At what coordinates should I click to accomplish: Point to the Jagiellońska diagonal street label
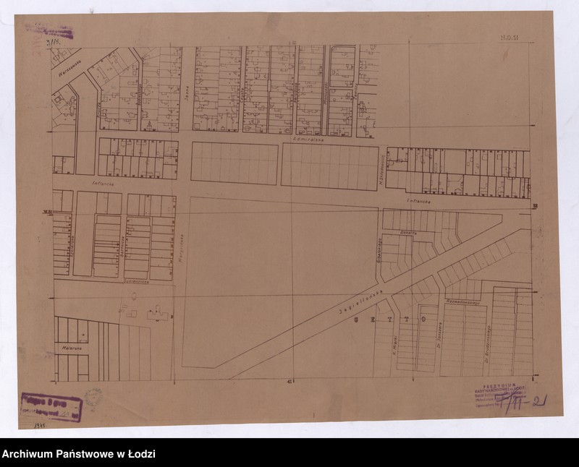(x=358, y=302)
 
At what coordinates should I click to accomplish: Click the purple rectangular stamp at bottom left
(x=51, y=406)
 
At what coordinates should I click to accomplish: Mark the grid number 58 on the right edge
(x=535, y=207)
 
